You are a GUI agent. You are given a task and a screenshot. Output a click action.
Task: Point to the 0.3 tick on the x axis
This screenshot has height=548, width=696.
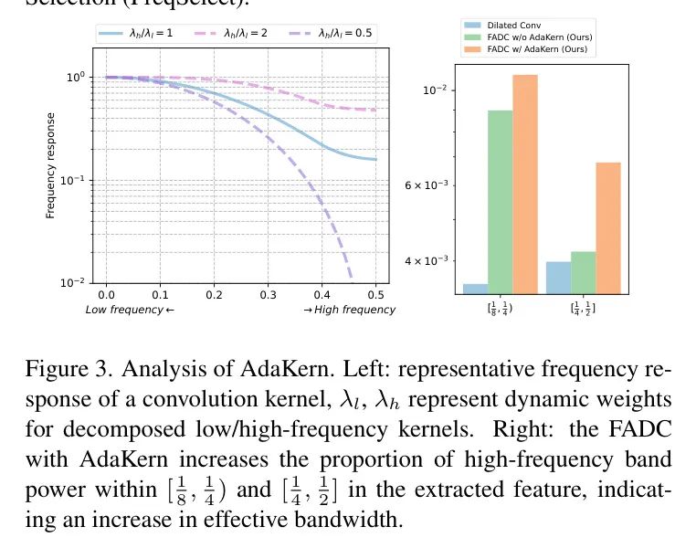pyautogui.click(x=268, y=295)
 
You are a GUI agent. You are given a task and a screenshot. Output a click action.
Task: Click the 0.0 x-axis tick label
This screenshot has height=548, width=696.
pyautogui.click(x=106, y=295)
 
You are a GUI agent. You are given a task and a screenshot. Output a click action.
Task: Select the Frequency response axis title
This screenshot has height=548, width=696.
pyautogui.click(x=51, y=165)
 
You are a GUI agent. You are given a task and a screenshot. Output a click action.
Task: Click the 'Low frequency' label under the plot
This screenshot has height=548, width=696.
pyautogui.click(x=129, y=310)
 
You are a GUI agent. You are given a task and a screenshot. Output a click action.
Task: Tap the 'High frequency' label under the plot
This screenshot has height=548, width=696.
pyautogui.click(x=350, y=310)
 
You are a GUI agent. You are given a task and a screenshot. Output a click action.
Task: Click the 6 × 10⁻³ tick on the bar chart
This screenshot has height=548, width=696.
pyautogui.click(x=427, y=184)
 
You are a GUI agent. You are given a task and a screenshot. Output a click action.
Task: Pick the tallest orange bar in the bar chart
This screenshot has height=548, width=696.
pyautogui.click(x=525, y=184)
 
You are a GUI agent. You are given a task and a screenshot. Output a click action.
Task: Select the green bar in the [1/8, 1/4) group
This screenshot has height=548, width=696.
pyautogui.click(x=499, y=202)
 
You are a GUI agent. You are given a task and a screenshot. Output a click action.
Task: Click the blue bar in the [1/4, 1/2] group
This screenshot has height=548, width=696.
pyautogui.click(x=558, y=278)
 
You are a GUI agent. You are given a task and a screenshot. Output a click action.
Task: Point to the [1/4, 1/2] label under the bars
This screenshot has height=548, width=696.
pyautogui.click(x=583, y=308)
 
